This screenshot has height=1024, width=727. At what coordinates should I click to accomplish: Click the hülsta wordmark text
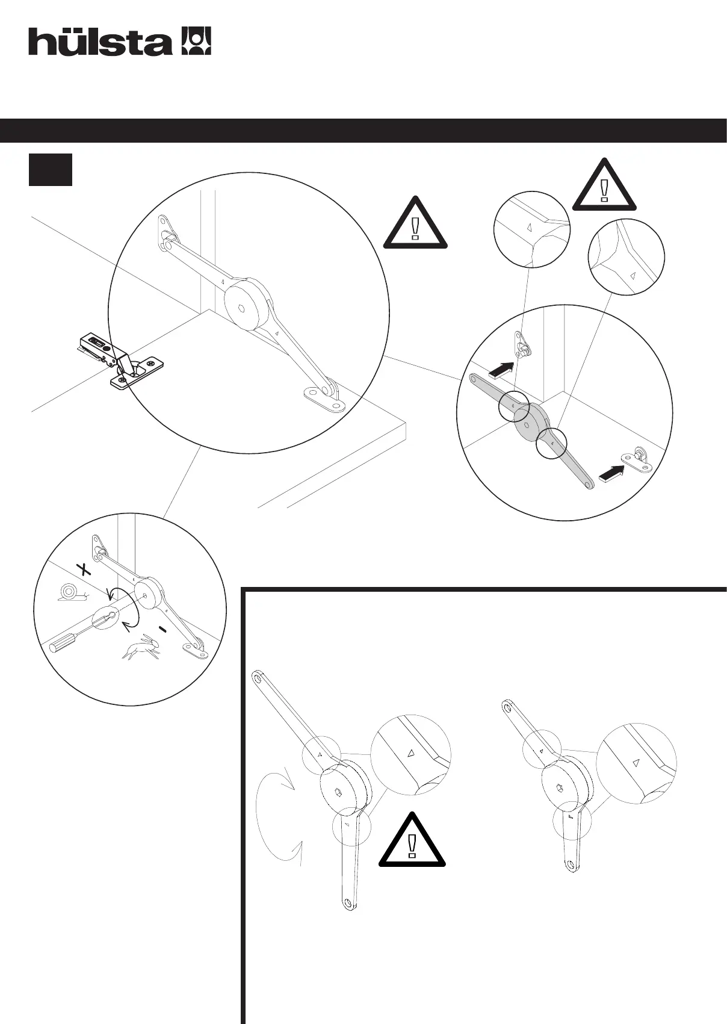point(100,42)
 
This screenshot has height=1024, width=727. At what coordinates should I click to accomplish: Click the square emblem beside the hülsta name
point(196,41)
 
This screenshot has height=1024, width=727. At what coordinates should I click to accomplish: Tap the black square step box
point(51,170)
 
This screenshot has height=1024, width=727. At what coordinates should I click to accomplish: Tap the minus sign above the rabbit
point(162,629)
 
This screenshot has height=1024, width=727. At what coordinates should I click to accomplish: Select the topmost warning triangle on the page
point(604,187)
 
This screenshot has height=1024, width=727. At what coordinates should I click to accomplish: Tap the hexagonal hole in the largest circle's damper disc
point(241,309)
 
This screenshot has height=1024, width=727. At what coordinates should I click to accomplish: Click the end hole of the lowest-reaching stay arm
point(347,903)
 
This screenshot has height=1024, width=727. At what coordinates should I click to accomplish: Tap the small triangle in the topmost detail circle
point(528,228)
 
